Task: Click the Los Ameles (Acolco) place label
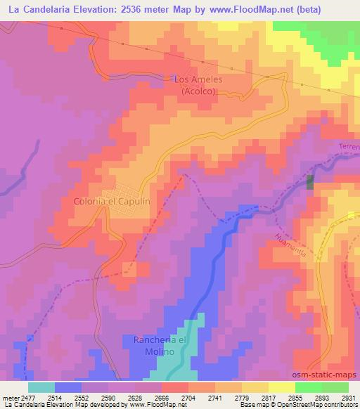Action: (198, 85)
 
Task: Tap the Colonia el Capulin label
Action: (112, 201)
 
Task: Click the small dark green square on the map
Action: (310, 181)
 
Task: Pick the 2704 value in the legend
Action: (188, 397)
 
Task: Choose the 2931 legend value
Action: (347, 397)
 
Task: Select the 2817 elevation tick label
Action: (267, 397)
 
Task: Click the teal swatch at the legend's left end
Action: (41, 387)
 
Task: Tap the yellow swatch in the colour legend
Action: (281, 387)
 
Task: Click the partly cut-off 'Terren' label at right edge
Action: (349, 147)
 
